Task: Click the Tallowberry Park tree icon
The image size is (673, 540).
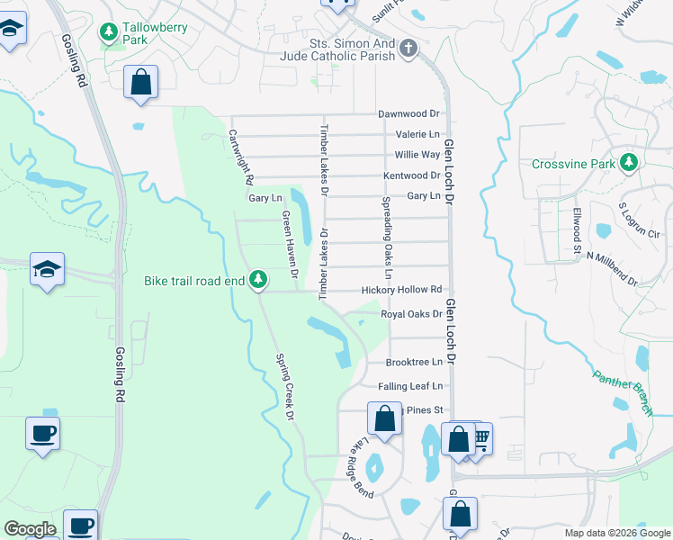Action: [109, 34]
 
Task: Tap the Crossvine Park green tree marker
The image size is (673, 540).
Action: [630, 163]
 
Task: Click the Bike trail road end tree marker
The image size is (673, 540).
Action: [258, 280]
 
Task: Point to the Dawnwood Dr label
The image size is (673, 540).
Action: [408, 114]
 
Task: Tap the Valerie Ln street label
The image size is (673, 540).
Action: [417, 134]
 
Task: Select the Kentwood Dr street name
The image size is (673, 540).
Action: [411, 175]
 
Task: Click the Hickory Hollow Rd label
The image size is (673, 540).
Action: [401, 290]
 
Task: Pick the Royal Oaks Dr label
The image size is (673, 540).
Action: [411, 314]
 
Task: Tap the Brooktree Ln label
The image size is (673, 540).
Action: [414, 362]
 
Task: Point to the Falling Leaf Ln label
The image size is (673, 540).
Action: [410, 386]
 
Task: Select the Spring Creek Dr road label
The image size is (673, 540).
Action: [283, 386]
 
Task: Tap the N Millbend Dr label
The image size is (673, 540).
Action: [612, 268]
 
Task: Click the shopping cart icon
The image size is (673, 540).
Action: [480, 438]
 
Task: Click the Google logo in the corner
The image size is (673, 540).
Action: [30, 529]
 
